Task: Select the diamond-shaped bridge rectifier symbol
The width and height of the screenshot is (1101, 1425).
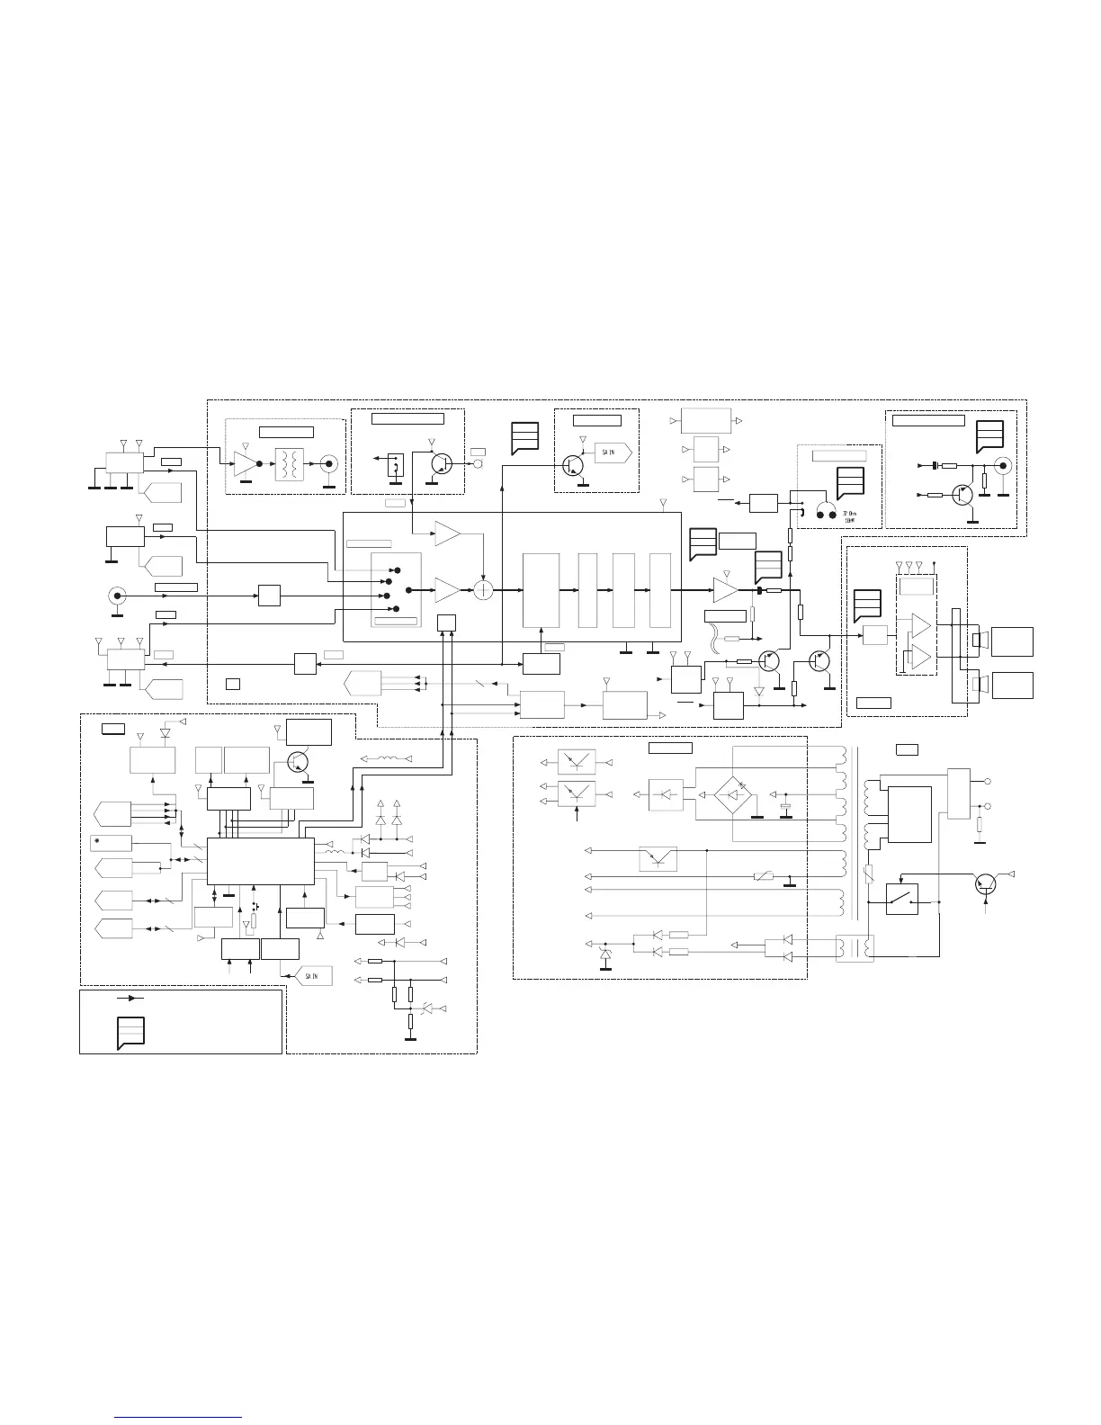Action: [x=733, y=793]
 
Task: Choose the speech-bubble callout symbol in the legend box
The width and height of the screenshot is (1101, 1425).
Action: [x=130, y=1032]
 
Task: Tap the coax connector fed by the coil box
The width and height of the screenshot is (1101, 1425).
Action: [x=331, y=465]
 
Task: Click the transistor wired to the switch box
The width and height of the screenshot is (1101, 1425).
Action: [x=989, y=883]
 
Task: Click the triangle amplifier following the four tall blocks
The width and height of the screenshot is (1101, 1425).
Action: [x=726, y=590]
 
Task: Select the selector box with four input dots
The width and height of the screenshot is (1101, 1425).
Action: [x=396, y=589]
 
